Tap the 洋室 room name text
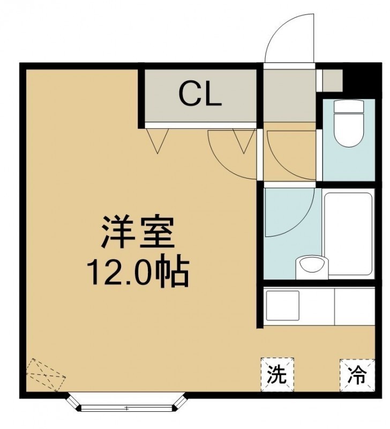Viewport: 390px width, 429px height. click(138, 232)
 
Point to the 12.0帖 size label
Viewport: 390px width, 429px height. click(138, 271)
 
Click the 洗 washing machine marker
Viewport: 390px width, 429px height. click(277, 374)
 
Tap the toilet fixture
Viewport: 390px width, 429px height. click(349, 123)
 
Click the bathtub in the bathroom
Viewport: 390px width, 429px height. click(348, 235)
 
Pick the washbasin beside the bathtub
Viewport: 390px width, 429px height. click(312, 268)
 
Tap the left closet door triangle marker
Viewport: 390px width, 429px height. click(157, 140)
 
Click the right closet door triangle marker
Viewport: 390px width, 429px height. click(244, 140)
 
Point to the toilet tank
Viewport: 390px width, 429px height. click(349, 106)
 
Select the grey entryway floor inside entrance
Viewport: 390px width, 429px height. click(289, 96)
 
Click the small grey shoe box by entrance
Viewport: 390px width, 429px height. click(333, 80)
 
